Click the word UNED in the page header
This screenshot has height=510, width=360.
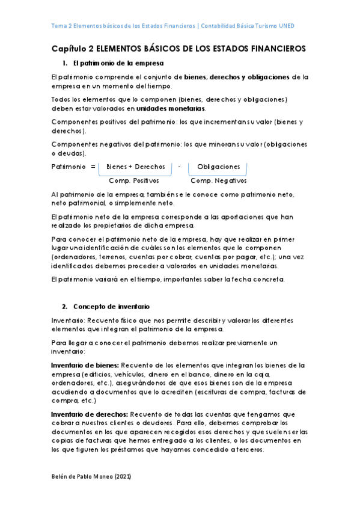pyautogui.click(x=286, y=26)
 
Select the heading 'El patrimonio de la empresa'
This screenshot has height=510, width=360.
pyautogui.click(x=118, y=63)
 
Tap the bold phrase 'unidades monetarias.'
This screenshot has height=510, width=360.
pyautogui.click(x=171, y=109)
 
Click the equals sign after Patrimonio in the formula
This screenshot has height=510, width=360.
pyautogui.click(x=93, y=167)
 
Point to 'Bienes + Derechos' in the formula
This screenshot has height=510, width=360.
pyautogui.click(x=135, y=167)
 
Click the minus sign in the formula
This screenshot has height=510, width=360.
pyautogui.click(x=180, y=167)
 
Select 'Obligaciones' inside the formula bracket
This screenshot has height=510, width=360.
pyautogui.click(x=219, y=167)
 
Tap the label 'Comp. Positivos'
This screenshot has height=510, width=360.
pyautogui.click(x=134, y=180)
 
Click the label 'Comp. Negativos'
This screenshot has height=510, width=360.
pyautogui.click(x=218, y=180)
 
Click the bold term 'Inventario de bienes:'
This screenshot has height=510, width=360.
pyautogui.click(x=85, y=365)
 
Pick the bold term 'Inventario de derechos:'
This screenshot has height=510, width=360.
pyautogui.click(x=89, y=414)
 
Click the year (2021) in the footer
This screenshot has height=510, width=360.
pyautogui.click(x=121, y=476)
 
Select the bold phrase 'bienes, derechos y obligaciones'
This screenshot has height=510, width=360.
pyautogui.click(x=237, y=77)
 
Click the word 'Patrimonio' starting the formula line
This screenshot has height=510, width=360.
pyautogui.click(x=69, y=167)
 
